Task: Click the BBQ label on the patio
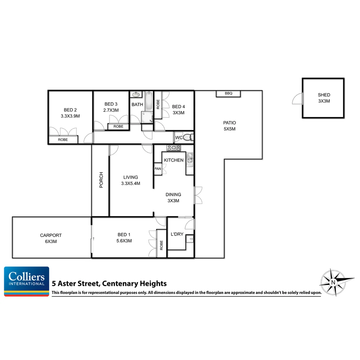(x=228, y=94)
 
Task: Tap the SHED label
(x=324, y=95)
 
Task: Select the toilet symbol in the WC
(x=188, y=137)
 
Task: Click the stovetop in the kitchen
(x=174, y=148)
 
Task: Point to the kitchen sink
(x=190, y=158)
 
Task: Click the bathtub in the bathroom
(x=149, y=101)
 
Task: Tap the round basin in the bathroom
(x=136, y=95)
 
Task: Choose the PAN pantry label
(x=158, y=169)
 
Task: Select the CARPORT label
(x=51, y=235)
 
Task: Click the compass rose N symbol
(x=333, y=282)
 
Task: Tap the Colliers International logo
(x=27, y=281)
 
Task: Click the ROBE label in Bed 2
(x=63, y=140)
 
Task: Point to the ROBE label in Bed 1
(x=161, y=245)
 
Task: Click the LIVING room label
(x=130, y=177)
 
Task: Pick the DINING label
(x=173, y=195)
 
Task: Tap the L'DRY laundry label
(x=177, y=234)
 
